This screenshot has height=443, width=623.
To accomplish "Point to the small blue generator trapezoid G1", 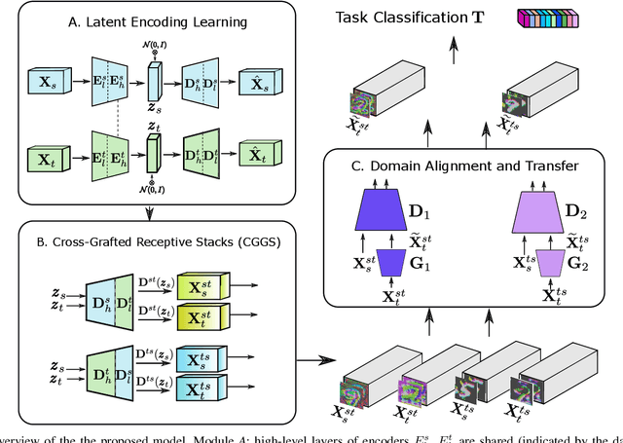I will pyautogui.click(x=402, y=262).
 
